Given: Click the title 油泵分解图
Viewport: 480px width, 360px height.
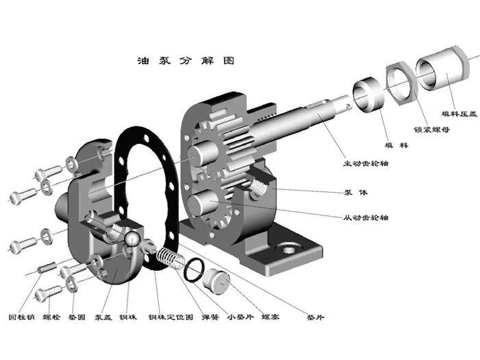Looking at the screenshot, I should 186,61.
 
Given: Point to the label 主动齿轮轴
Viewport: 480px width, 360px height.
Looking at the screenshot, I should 365,164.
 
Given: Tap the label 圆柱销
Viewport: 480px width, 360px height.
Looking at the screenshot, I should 20,317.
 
